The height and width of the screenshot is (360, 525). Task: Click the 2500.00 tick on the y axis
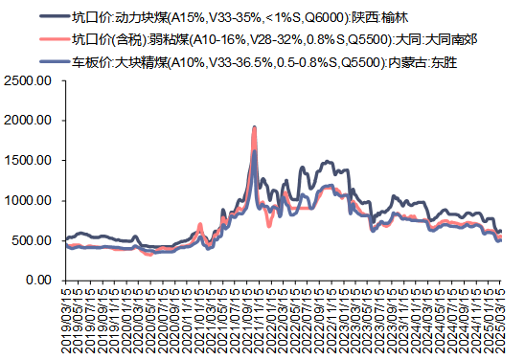[x=31, y=81]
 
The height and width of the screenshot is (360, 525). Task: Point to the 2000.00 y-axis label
[x=31, y=122]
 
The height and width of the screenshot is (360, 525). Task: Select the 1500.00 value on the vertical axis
[x=31, y=161]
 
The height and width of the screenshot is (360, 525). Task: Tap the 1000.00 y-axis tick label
[x=31, y=201]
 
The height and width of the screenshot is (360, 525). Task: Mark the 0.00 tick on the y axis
[x=40, y=280]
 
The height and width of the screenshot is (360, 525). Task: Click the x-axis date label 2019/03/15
[x=65, y=320]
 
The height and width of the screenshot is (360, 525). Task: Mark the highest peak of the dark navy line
[x=254, y=127]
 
